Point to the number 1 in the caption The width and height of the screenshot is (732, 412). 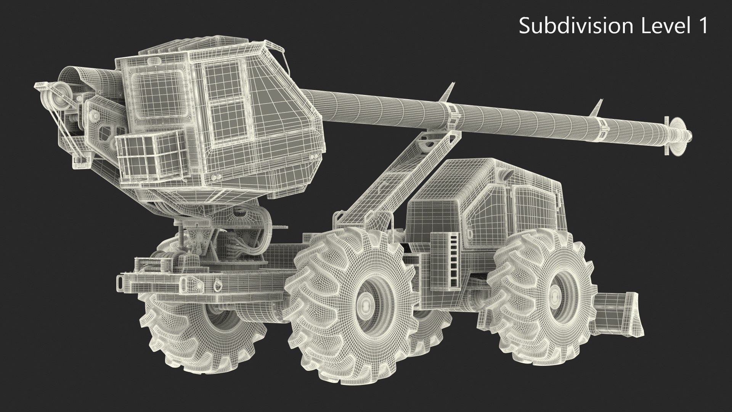tap(702, 26)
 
